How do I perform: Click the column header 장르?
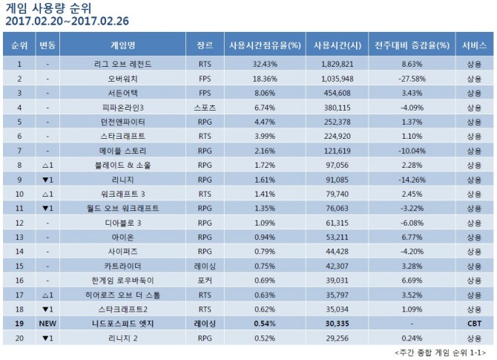(205, 45)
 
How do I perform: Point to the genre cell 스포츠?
(205, 105)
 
